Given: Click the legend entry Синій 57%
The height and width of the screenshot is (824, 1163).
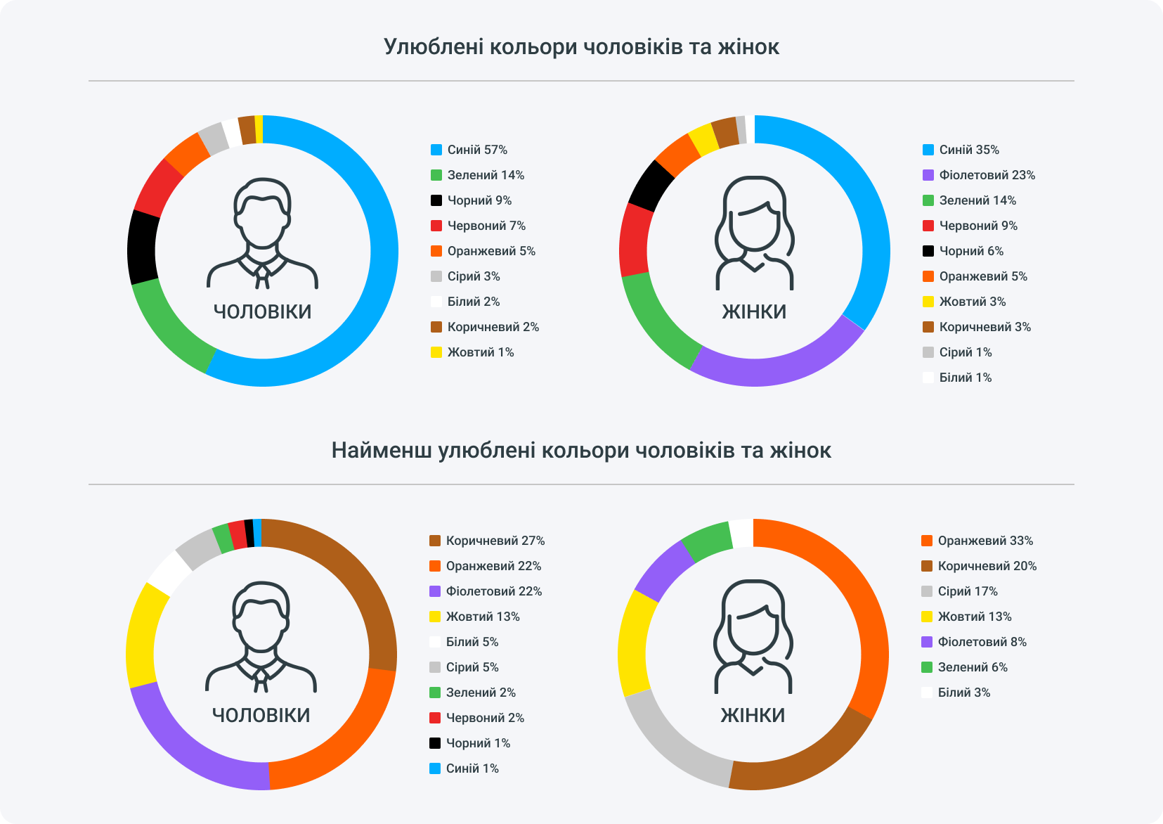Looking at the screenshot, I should pyautogui.click(x=469, y=150).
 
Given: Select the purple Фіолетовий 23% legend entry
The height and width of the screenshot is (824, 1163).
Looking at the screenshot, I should pyautogui.click(x=978, y=175).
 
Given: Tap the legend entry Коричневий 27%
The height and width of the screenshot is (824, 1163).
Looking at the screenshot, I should pyautogui.click(x=487, y=541).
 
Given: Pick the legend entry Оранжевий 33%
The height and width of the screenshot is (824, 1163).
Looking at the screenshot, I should pyautogui.click(x=977, y=541).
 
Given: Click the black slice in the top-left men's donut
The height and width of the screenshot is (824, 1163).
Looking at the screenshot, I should pyautogui.click(x=143, y=247).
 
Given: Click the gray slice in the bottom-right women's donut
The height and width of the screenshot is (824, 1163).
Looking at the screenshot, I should pyautogui.click(x=675, y=745).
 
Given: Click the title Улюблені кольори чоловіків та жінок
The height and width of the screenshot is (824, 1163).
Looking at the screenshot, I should pyautogui.click(x=581, y=47).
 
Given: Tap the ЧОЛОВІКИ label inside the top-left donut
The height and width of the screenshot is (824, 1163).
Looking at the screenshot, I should pyautogui.click(x=262, y=311).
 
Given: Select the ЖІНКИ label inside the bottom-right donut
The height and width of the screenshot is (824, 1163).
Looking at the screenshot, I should pyautogui.click(x=753, y=715).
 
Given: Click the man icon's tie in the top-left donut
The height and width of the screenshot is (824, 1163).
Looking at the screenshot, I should pyautogui.click(x=262, y=276).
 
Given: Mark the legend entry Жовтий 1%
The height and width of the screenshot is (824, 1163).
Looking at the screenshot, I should pyautogui.click(x=472, y=352).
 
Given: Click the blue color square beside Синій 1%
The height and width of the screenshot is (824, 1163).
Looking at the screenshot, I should pyautogui.click(x=435, y=768).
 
